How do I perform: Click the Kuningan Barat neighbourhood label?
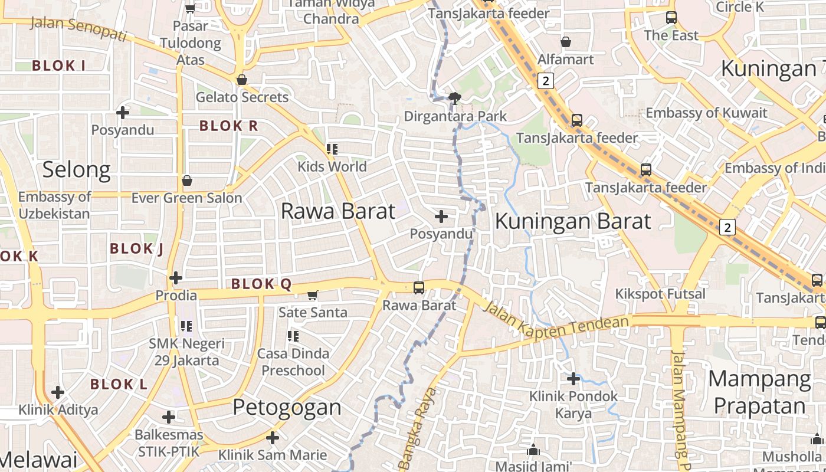tap(573, 221)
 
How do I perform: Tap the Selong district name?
tap(76, 170)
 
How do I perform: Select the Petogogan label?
tap(287, 407)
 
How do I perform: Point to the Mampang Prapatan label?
tap(759, 392)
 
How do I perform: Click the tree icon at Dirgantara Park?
tap(454, 98)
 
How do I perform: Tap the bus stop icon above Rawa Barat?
tap(419, 288)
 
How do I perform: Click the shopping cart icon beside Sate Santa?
tap(313, 295)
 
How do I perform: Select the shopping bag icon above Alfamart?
tap(565, 42)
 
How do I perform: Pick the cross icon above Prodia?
tap(175, 277)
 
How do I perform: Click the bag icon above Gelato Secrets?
tap(241, 80)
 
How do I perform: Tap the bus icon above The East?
tap(671, 18)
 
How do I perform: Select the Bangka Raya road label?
tap(418, 428)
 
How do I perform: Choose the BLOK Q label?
tap(261, 284)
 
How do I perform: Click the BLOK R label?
tap(228, 126)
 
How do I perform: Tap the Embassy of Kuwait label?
tap(706, 113)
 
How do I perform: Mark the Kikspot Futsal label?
tap(660, 294)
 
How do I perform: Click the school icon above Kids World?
tap(332, 149)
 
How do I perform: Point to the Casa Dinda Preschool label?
tap(293, 362)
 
